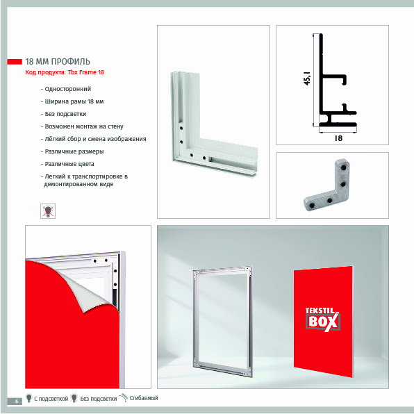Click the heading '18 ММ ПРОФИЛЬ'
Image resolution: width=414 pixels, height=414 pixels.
(x=58, y=62)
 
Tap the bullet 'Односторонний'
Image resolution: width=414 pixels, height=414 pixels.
(x=68, y=89)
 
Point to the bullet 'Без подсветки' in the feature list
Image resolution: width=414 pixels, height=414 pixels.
(x=65, y=114)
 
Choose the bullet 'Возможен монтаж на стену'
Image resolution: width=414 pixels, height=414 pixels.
(x=84, y=126)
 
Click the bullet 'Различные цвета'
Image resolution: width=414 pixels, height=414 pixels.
(x=69, y=164)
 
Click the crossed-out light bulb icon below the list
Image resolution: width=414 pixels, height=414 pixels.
(x=48, y=211)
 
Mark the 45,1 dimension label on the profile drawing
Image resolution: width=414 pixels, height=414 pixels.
(x=307, y=78)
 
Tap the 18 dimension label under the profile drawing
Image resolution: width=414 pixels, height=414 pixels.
(x=338, y=138)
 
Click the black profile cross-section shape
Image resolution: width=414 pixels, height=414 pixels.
(x=320, y=79)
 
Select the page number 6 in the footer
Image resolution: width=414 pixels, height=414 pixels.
(x=17, y=401)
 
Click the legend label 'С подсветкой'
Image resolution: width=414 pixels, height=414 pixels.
(x=51, y=399)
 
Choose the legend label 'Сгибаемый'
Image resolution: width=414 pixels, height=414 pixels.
(x=144, y=398)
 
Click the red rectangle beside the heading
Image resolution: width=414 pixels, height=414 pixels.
(x=15, y=62)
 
